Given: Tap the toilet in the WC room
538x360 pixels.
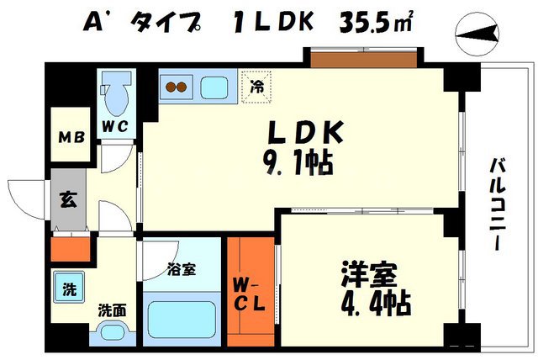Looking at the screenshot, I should pos(113,92).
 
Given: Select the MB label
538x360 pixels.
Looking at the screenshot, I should pos(69,137).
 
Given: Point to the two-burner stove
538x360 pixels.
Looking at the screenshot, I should pos(177,86).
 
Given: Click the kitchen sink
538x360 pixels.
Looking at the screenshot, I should pos(215,86).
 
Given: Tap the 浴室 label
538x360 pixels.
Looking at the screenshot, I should pos(180,270).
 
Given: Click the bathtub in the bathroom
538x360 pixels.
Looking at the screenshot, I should pos(182,319).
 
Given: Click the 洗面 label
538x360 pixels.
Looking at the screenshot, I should pos(111,310).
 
